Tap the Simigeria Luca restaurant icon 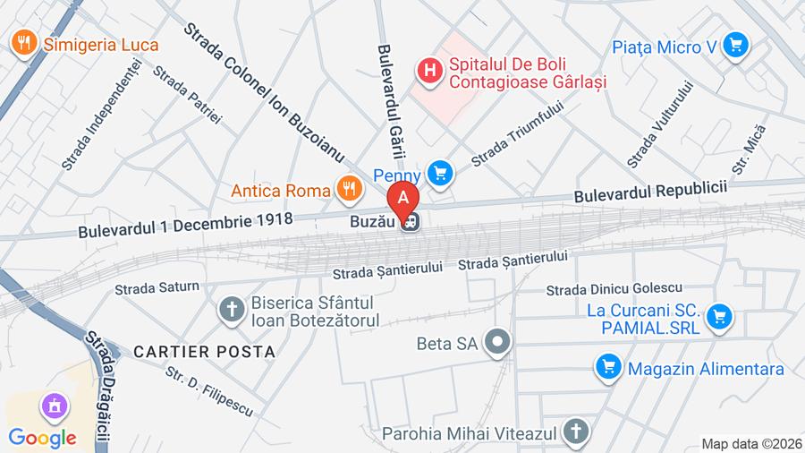click(x=22, y=42)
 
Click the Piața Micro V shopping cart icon click(x=735, y=44)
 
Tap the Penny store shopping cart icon click(x=438, y=173)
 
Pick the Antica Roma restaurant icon click(x=348, y=188)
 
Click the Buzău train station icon click(x=411, y=221)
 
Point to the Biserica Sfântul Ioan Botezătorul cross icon click(x=231, y=310)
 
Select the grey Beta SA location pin click(x=496, y=342)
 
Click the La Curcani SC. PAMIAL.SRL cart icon click(x=718, y=316)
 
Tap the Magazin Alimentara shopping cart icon click(x=608, y=367)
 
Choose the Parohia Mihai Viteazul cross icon click(x=577, y=432)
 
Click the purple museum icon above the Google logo click(x=54, y=406)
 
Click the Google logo click(x=42, y=438)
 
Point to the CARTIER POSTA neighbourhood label click(x=204, y=352)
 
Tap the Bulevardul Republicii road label click(x=649, y=192)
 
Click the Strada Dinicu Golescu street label click(x=614, y=288)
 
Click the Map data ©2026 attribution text click(x=751, y=443)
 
